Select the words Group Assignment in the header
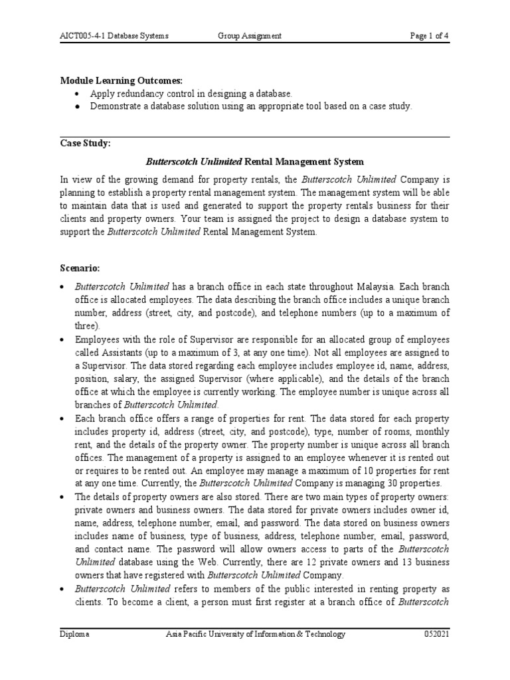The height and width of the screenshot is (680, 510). click(x=250, y=37)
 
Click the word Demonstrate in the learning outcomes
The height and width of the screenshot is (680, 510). click(x=116, y=106)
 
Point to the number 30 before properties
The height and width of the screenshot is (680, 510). click(x=361, y=483)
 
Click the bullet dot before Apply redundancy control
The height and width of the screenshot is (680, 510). click(x=78, y=94)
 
